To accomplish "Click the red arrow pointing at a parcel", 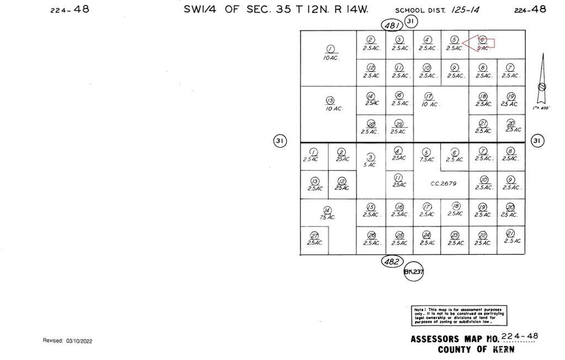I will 479,43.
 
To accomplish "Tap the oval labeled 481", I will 392,24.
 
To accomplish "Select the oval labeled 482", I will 392,262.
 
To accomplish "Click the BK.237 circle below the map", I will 413,272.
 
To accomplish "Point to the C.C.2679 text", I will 442,184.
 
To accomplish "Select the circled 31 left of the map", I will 280,141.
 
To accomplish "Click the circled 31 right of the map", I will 537,141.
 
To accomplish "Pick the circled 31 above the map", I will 411,21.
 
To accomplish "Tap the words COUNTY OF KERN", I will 476,350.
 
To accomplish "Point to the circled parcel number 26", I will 371,235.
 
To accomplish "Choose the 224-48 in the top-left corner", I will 70,9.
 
